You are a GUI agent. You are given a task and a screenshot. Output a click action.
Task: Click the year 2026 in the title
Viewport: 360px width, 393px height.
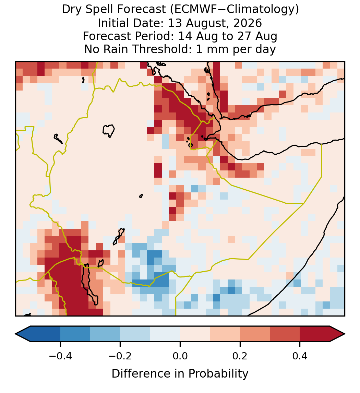pos(248,23)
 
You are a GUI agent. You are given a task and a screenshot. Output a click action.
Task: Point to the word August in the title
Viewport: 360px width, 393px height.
pos(199,23)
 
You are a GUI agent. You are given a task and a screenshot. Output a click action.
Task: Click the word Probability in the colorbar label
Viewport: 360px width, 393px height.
pos(218,374)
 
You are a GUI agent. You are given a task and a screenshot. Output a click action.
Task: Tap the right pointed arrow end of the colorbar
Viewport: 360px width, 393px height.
pos(345,334)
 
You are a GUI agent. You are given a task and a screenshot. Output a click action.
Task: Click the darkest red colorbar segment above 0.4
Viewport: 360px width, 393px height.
pos(315,334)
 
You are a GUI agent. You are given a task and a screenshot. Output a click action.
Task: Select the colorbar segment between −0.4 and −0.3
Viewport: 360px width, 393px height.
pos(75,334)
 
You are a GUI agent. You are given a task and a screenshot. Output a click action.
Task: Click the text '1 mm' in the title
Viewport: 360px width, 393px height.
pos(213,49)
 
